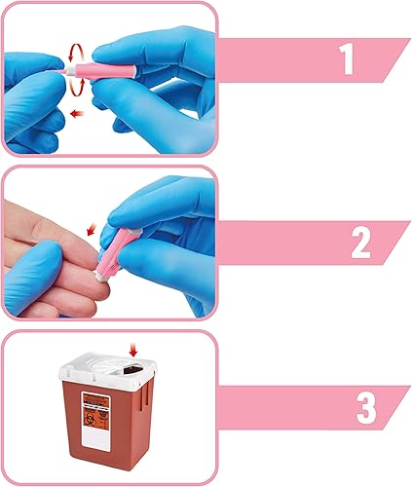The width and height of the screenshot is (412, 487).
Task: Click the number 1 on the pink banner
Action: pyautogui.click(x=345, y=59)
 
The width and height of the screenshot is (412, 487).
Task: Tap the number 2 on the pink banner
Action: pyautogui.click(x=360, y=242)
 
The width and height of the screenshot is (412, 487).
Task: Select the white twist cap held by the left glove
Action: pyautogui.click(x=66, y=71)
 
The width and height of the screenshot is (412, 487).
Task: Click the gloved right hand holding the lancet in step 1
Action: pyautogui.click(x=156, y=68)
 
